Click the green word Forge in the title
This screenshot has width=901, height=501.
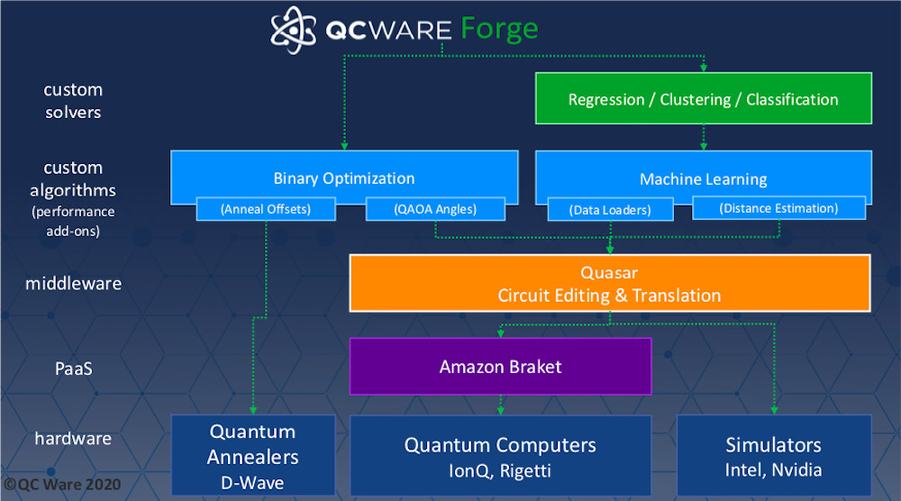tap(499, 29)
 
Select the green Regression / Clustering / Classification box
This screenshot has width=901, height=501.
tap(703, 99)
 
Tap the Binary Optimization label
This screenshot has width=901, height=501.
tap(344, 178)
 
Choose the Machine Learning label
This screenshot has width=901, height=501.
tap(703, 178)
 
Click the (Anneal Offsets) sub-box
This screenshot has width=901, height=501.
tap(266, 209)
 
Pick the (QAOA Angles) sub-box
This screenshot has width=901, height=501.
tap(434, 209)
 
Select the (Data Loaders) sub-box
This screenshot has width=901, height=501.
tap(611, 210)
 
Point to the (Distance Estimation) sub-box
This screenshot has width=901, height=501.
tap(778, 208)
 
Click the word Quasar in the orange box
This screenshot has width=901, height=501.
tap(609, 271)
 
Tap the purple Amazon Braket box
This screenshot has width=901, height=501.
tap(500, 366)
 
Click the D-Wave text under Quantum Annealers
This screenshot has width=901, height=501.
tap(252, 482)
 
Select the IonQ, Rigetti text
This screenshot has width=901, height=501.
tap(500, 469)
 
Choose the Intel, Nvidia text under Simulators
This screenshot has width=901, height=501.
tap(773, 469)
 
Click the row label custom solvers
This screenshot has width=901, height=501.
tap(73, 101)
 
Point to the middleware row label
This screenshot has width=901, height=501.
tap(73, 283)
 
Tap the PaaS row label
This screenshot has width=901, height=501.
tap(73, 367)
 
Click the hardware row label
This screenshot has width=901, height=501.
tap(73, 439)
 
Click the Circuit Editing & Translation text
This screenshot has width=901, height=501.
tap(609, 295)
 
